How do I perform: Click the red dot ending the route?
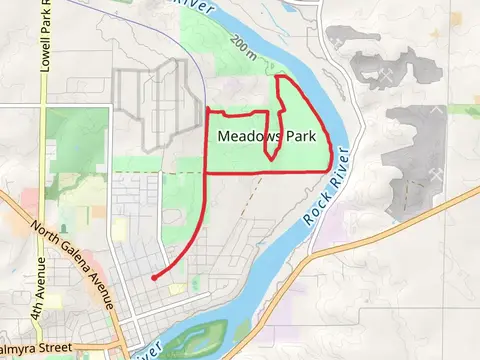153,277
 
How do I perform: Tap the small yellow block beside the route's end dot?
177,288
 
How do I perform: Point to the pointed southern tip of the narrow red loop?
270,158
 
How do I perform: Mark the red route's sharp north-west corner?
207,109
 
